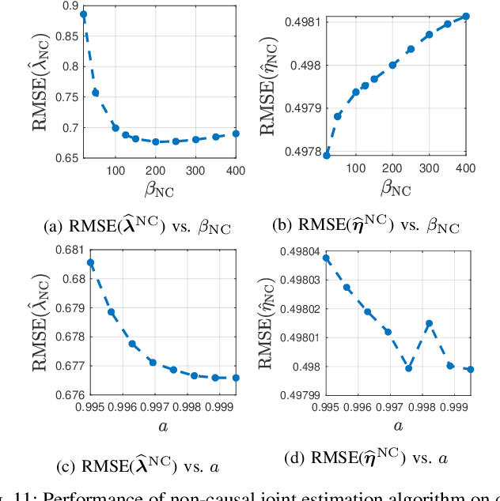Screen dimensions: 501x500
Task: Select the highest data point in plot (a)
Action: (84, 14)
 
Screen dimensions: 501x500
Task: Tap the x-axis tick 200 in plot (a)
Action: (156, 170)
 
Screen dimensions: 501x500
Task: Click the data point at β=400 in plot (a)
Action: (236, 134)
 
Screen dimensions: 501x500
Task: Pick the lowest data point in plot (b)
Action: (327, 155)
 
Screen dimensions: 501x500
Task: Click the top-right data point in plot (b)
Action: (466, 16)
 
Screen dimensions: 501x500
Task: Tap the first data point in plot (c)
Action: (91, 262)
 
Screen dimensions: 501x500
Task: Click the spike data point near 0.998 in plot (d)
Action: (429, 323)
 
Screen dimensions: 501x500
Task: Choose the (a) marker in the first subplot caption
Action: (52, 226)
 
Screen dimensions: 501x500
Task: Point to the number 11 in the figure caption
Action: (31, 495)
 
